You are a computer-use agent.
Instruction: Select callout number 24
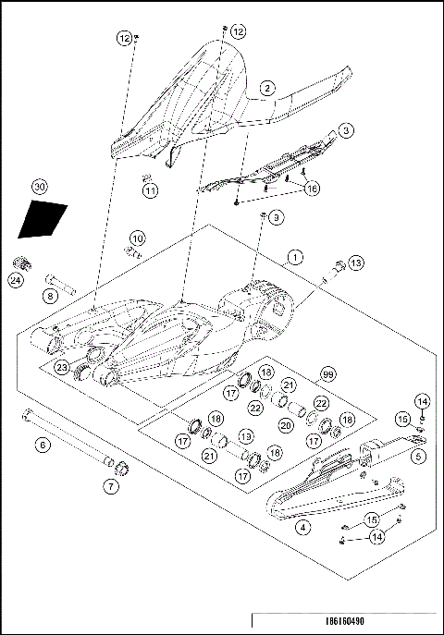pos(16,280)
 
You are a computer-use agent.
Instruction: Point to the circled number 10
pos(137,238)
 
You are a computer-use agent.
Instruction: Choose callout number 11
pos(150,191)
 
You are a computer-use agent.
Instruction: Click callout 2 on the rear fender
pos(266,88)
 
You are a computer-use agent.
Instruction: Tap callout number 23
pos(61,367)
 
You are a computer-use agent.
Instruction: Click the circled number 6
pos(42,445)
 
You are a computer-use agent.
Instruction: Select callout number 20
pos(286,424)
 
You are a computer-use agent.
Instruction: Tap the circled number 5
pos(419,455)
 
